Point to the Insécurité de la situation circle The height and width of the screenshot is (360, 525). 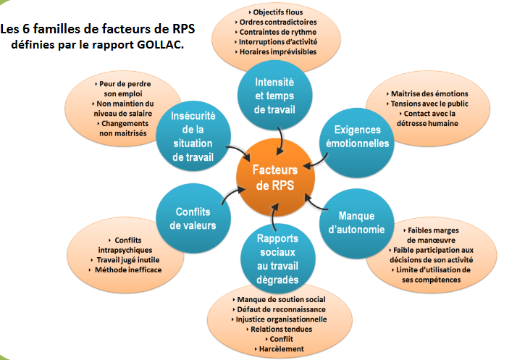(x=191, y=135)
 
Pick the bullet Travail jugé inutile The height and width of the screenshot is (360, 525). (x=127, y=259)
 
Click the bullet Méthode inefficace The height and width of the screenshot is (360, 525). (x=127, y=269)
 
